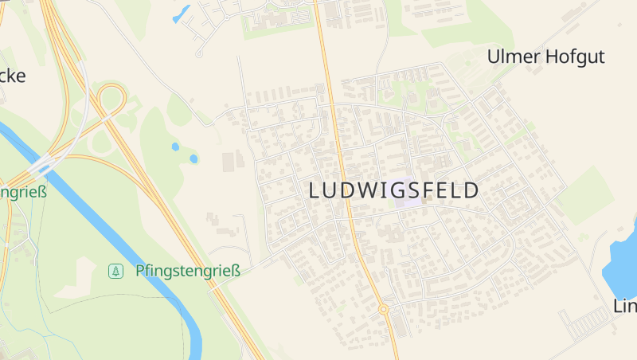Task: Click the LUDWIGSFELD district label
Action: point(393,190)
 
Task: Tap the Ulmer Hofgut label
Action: point(545,57)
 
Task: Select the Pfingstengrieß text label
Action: point(188,271)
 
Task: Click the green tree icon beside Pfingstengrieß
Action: point(116,272)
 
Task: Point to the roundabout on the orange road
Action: point(383,308)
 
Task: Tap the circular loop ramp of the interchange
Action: point(111,100)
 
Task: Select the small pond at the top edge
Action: point(182,14)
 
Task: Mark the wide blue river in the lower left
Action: point(119,231)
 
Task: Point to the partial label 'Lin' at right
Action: point(625,306)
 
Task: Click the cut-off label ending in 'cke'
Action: point(12,76)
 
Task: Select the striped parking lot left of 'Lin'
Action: point(585,323)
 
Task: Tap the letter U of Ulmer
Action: point(493,57)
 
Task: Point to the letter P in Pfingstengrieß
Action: point(140,271)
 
